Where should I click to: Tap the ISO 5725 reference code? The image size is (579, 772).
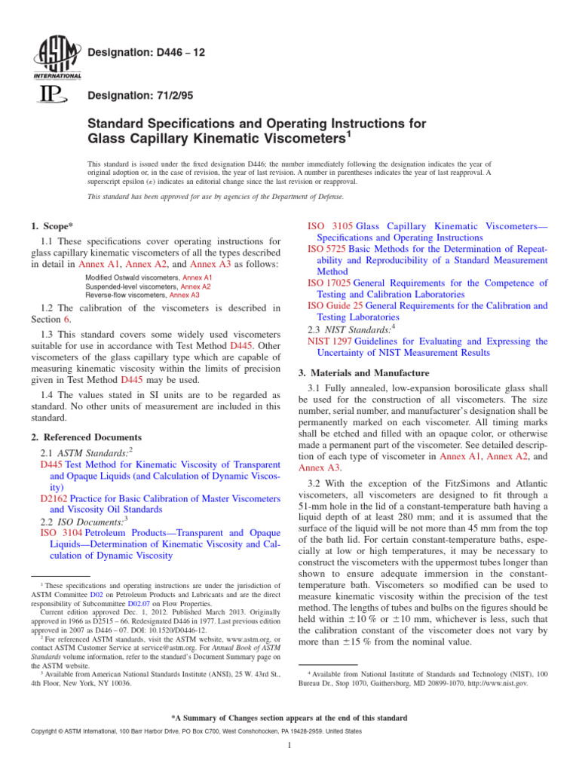coord(328,248)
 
